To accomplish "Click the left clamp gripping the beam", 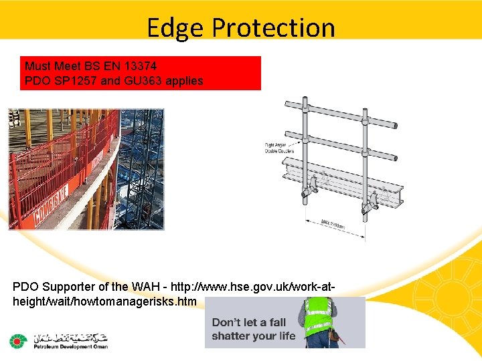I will pos(310,191).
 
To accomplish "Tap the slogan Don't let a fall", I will pos(249,322).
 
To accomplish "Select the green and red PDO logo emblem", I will pos(17,342).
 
